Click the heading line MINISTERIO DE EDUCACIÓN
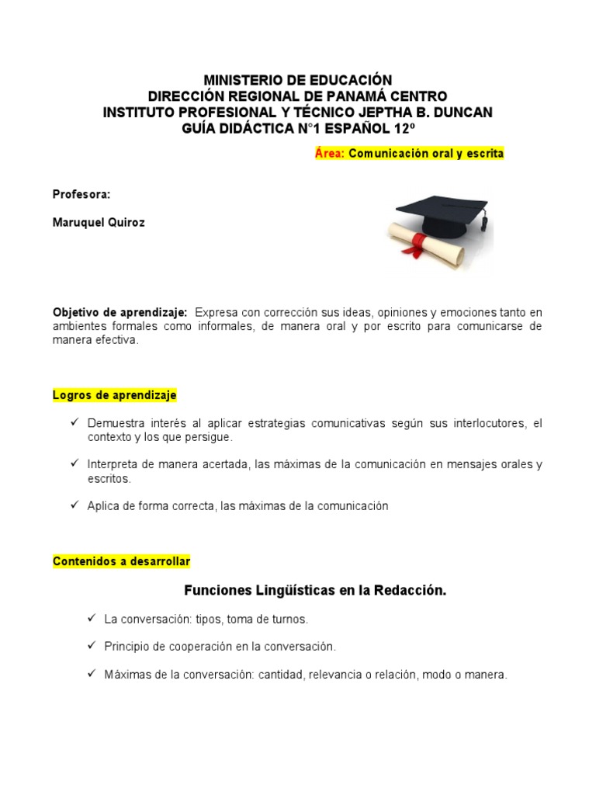tap(297, 80)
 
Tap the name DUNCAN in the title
tap(459, 113)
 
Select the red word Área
tap(329, 154)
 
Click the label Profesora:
tap(81, 194)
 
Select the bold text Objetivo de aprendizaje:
tap(120, 312)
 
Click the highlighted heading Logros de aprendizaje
tap(115, 395)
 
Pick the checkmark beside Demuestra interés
tap(74, 422)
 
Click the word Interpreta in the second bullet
tap(114, 464)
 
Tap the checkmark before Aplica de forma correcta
tap(74, 505)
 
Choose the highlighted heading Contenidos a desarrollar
tap(121, 561)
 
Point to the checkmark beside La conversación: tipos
tap(91, 619)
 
